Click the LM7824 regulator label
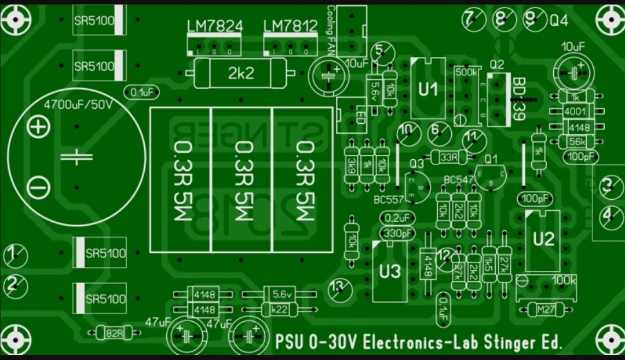[214, 26]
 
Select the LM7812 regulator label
[290, 26]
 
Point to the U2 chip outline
[543, 240]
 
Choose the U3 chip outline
[390, 271]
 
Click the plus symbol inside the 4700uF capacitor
[39, 127]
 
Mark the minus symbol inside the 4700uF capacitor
[39, 186]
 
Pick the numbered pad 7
[471, 19]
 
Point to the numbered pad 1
[15, 255]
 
